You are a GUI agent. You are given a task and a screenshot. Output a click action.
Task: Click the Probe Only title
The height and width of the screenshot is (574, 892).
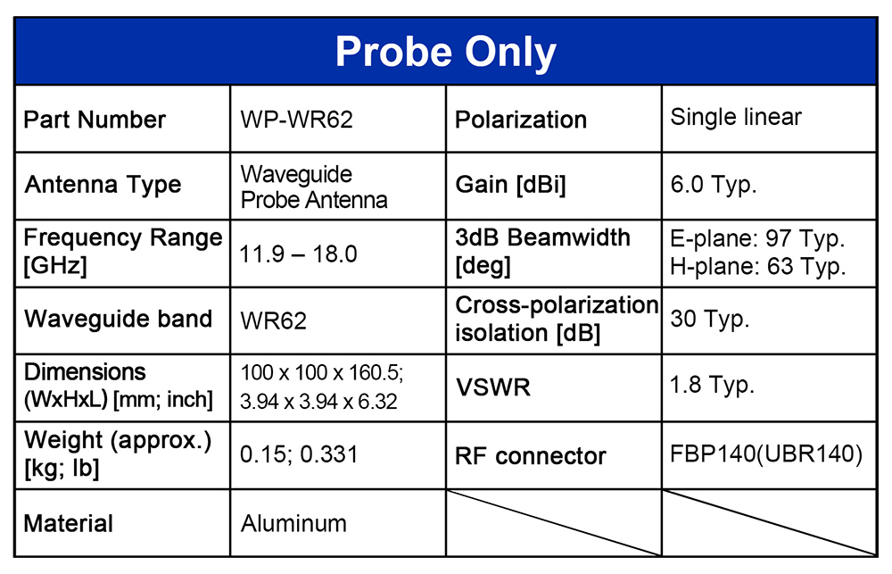click(445, 53)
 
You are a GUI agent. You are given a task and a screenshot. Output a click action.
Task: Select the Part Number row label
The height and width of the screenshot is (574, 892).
click(95, 120)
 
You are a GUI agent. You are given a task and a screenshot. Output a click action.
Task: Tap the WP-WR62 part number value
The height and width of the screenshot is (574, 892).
click(296, 120)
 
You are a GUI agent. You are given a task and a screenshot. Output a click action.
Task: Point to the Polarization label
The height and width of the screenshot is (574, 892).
click(521, 120)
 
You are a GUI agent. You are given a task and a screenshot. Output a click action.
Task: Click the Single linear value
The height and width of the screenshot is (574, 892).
click(736, 117)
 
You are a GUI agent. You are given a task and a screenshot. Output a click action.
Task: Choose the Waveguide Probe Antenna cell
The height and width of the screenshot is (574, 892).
click(314, 187)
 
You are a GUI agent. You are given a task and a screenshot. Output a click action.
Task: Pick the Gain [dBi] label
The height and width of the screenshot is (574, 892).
click(510, 185)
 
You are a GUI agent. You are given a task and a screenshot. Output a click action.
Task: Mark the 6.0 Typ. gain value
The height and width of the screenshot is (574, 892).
click(714, 185)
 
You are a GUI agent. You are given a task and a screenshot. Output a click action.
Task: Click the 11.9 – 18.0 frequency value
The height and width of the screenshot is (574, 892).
click(298, 254)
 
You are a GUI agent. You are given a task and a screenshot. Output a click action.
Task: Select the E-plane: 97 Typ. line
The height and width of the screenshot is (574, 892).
click(757, 239)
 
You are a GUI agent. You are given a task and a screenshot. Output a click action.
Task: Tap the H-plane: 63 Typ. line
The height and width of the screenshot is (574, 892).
click(757, 267)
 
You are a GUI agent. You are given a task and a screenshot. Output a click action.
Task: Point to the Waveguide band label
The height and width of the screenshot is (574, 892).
click(119, 319)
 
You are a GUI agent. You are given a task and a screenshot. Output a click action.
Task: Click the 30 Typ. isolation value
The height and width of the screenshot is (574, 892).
click(709, 320)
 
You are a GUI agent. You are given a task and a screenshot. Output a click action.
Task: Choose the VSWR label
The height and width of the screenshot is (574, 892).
click(492, 387)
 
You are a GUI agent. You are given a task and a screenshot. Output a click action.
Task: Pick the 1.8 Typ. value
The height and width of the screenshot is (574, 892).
click(712, 386)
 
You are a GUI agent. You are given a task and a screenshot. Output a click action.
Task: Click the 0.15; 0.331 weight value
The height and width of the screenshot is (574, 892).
click(299, 454)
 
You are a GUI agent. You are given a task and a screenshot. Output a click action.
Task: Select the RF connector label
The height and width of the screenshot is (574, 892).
click(531, 456)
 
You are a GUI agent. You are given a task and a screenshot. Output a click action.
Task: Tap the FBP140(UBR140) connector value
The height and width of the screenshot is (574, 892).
click(766, 453)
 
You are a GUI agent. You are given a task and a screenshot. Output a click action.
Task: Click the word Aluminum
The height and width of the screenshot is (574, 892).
click(293, 523)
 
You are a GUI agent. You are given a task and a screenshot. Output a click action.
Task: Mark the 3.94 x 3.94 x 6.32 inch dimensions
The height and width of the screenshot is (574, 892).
click(318, 402)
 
